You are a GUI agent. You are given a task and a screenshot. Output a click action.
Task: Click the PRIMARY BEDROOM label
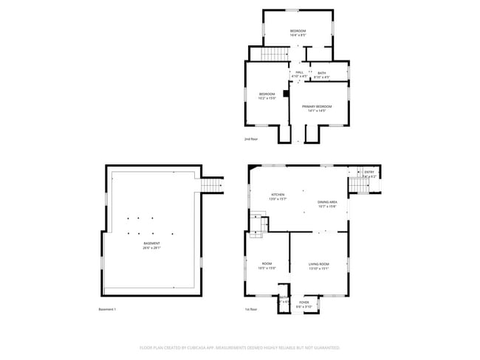(x=317, y=106)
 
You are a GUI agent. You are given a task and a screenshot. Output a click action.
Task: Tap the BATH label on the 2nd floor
(x=322, y=72)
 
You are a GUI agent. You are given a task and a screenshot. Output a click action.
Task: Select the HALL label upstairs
(x=299, y=72)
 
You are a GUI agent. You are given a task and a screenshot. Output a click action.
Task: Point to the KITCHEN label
(x=277, y=195)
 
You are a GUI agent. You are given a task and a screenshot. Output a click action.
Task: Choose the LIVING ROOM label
(x=319, y=264)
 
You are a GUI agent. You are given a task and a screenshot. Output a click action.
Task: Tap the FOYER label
(x=304, y=302)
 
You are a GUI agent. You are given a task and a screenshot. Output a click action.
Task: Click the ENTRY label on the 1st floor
(x=369, y=173)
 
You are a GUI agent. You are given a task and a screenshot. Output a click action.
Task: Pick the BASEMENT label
(x=151, y=244)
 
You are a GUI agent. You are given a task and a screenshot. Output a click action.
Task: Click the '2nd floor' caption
(x=251, y=139)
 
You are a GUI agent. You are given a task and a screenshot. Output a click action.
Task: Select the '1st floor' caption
(x=251, y=309)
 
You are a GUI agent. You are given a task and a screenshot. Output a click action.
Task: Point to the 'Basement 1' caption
(x=108, y=309)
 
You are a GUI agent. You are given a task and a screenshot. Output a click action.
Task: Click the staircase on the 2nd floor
(x=275, y=54)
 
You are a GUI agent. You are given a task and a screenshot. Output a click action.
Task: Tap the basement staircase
(x=211, y=184)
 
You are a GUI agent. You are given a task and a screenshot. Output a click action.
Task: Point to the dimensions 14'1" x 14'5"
(x=317, y=111)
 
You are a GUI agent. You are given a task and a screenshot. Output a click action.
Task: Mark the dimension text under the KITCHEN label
(x=277, y=199)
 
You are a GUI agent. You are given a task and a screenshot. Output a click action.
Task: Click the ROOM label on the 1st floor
(x=267, y=264)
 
